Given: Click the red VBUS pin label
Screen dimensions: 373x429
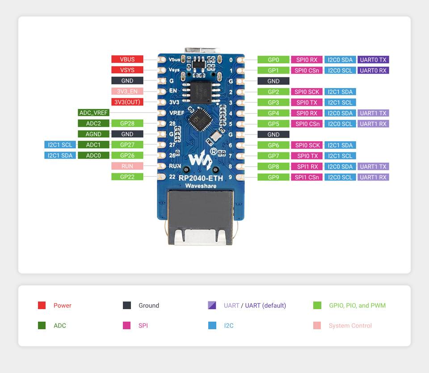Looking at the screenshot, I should [x=127, y=59].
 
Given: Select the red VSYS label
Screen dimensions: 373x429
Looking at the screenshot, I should [x=127, y=70].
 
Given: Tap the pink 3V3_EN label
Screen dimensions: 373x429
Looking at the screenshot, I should [x=127, y=91].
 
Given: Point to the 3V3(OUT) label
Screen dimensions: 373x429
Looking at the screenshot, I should [x=127, y=102].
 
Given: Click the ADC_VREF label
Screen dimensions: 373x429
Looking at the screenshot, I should [x=93, y=113].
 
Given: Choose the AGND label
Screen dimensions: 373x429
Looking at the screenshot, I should [x=93, y=134].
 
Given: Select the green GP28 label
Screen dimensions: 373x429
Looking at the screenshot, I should [x=127, y=123].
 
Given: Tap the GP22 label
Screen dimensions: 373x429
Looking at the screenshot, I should [x=127, y=177].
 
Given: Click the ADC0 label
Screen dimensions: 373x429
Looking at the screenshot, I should [x=93, y=155].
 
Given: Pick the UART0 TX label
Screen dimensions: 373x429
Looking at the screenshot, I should [x=373, y=59].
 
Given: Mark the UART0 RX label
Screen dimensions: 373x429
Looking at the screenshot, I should [x=373, y=70].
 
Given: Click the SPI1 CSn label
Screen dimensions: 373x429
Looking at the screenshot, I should [x=307, y=177].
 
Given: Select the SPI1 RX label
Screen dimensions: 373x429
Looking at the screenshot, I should [x=307, y=166].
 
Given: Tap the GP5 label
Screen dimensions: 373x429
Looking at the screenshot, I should [x=273, y=124].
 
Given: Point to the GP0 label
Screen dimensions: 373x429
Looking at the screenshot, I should [x=273, y=59].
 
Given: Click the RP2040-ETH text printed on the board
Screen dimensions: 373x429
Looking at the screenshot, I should [x=200, y=178].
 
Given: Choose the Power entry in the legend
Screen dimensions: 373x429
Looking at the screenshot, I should [x=62, y=306].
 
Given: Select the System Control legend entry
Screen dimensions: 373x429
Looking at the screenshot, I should [x=350, y=326].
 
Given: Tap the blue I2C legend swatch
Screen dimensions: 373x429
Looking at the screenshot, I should [x=212, y=326].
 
